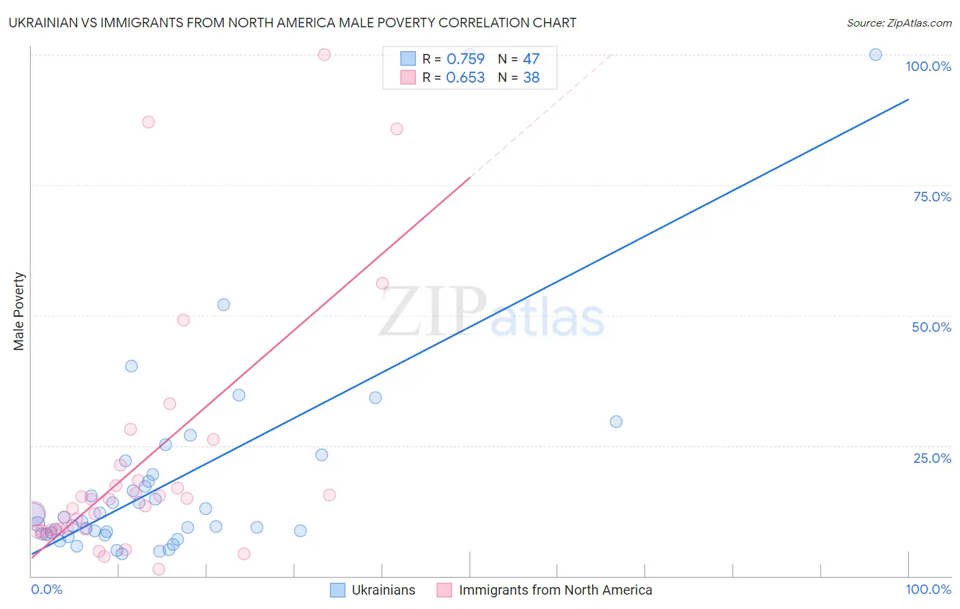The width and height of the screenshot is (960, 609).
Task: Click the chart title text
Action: [x=292, y=23]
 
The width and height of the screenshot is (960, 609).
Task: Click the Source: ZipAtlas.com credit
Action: [x=899, y=23]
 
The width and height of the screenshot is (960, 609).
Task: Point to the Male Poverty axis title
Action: [x=18, y=311]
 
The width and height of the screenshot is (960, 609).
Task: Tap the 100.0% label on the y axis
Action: [x=928, y=66]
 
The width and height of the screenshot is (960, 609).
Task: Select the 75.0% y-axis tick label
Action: [x=932, y=197]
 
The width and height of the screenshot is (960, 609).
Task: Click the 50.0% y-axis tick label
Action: [x=931, y=327]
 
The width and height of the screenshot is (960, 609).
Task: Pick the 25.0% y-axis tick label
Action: [x=932, y=458]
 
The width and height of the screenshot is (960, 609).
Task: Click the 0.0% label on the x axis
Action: [x=46, y=589]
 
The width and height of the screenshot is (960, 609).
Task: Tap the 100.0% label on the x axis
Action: [x=928, y=589]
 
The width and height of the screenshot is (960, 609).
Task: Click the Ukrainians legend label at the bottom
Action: [x=383, y=590]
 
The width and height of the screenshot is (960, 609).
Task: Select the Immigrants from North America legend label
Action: [x=555, y=590]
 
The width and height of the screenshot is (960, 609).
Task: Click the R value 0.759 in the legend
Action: [x=465, y=59]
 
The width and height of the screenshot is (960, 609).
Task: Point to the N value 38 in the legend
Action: [x=531, y=78]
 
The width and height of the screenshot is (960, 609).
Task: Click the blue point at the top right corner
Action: [x=875, y=55]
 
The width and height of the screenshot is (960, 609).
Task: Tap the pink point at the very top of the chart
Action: [x=324, y=55]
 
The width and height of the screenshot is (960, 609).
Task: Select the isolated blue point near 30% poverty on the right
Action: [x=616, y=422]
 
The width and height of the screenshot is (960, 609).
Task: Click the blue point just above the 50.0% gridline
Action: [x=223, y=304]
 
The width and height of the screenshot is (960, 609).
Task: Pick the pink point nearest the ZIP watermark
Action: [x=382, y=283]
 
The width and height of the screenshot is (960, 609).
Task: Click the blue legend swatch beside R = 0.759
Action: [x=408, y=59]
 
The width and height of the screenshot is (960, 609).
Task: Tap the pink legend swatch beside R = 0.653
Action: [x=408, y=78]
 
